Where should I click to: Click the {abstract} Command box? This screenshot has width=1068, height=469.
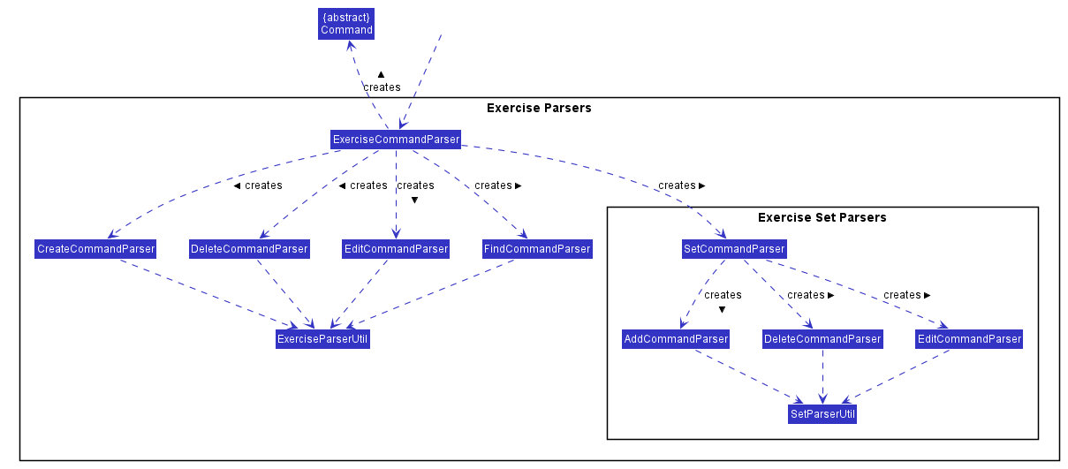click(346, 24)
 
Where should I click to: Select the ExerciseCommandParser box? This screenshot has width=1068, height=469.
click(396, 140)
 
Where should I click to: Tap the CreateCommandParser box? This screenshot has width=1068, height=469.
click(95, 249)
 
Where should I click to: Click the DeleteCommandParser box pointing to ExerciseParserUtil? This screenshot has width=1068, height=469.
click(249, 249)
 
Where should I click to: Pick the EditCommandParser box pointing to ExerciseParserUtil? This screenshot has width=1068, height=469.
click(396, 249)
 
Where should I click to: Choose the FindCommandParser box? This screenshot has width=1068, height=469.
click(537, 249)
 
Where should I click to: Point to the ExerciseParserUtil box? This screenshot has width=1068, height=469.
click(322, 339)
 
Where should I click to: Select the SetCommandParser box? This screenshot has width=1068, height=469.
click(734, 249)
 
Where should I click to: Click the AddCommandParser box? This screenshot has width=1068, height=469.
click(676, 339)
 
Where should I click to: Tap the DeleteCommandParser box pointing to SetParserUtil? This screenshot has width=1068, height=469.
click(822, 339)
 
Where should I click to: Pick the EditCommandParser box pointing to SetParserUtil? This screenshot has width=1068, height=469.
click(969, 339)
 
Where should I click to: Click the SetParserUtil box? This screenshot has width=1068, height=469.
click(822, 413)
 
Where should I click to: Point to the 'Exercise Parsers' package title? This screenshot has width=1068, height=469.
click(539, 108)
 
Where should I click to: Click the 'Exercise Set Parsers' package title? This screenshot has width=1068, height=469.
click(822, 218)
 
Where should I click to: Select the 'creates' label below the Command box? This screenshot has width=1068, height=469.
click(382, 87)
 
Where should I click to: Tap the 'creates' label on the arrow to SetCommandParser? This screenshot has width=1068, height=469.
click(677, 185)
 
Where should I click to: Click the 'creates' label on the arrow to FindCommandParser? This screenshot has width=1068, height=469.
click(493, 185)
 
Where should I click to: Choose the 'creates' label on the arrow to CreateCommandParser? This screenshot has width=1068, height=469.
click(263, 185)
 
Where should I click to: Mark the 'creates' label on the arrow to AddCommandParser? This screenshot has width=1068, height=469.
click(723, 295)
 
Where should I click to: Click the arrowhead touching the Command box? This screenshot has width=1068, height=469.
click(352, 46)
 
